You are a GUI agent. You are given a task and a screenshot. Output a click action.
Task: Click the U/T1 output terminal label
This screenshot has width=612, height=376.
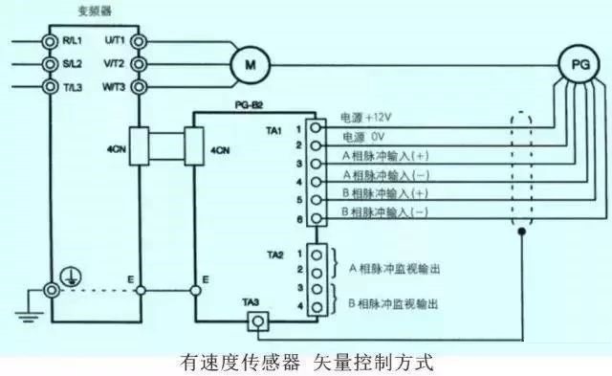click(x=115, y=41)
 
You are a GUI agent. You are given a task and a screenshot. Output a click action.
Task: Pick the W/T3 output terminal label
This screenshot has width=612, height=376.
click(x=114, y=86)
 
